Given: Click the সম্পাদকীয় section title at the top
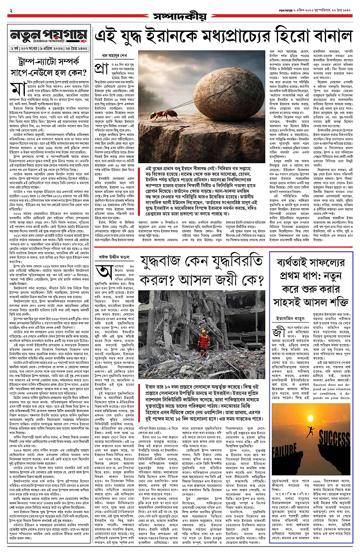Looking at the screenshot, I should pos(180,17).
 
